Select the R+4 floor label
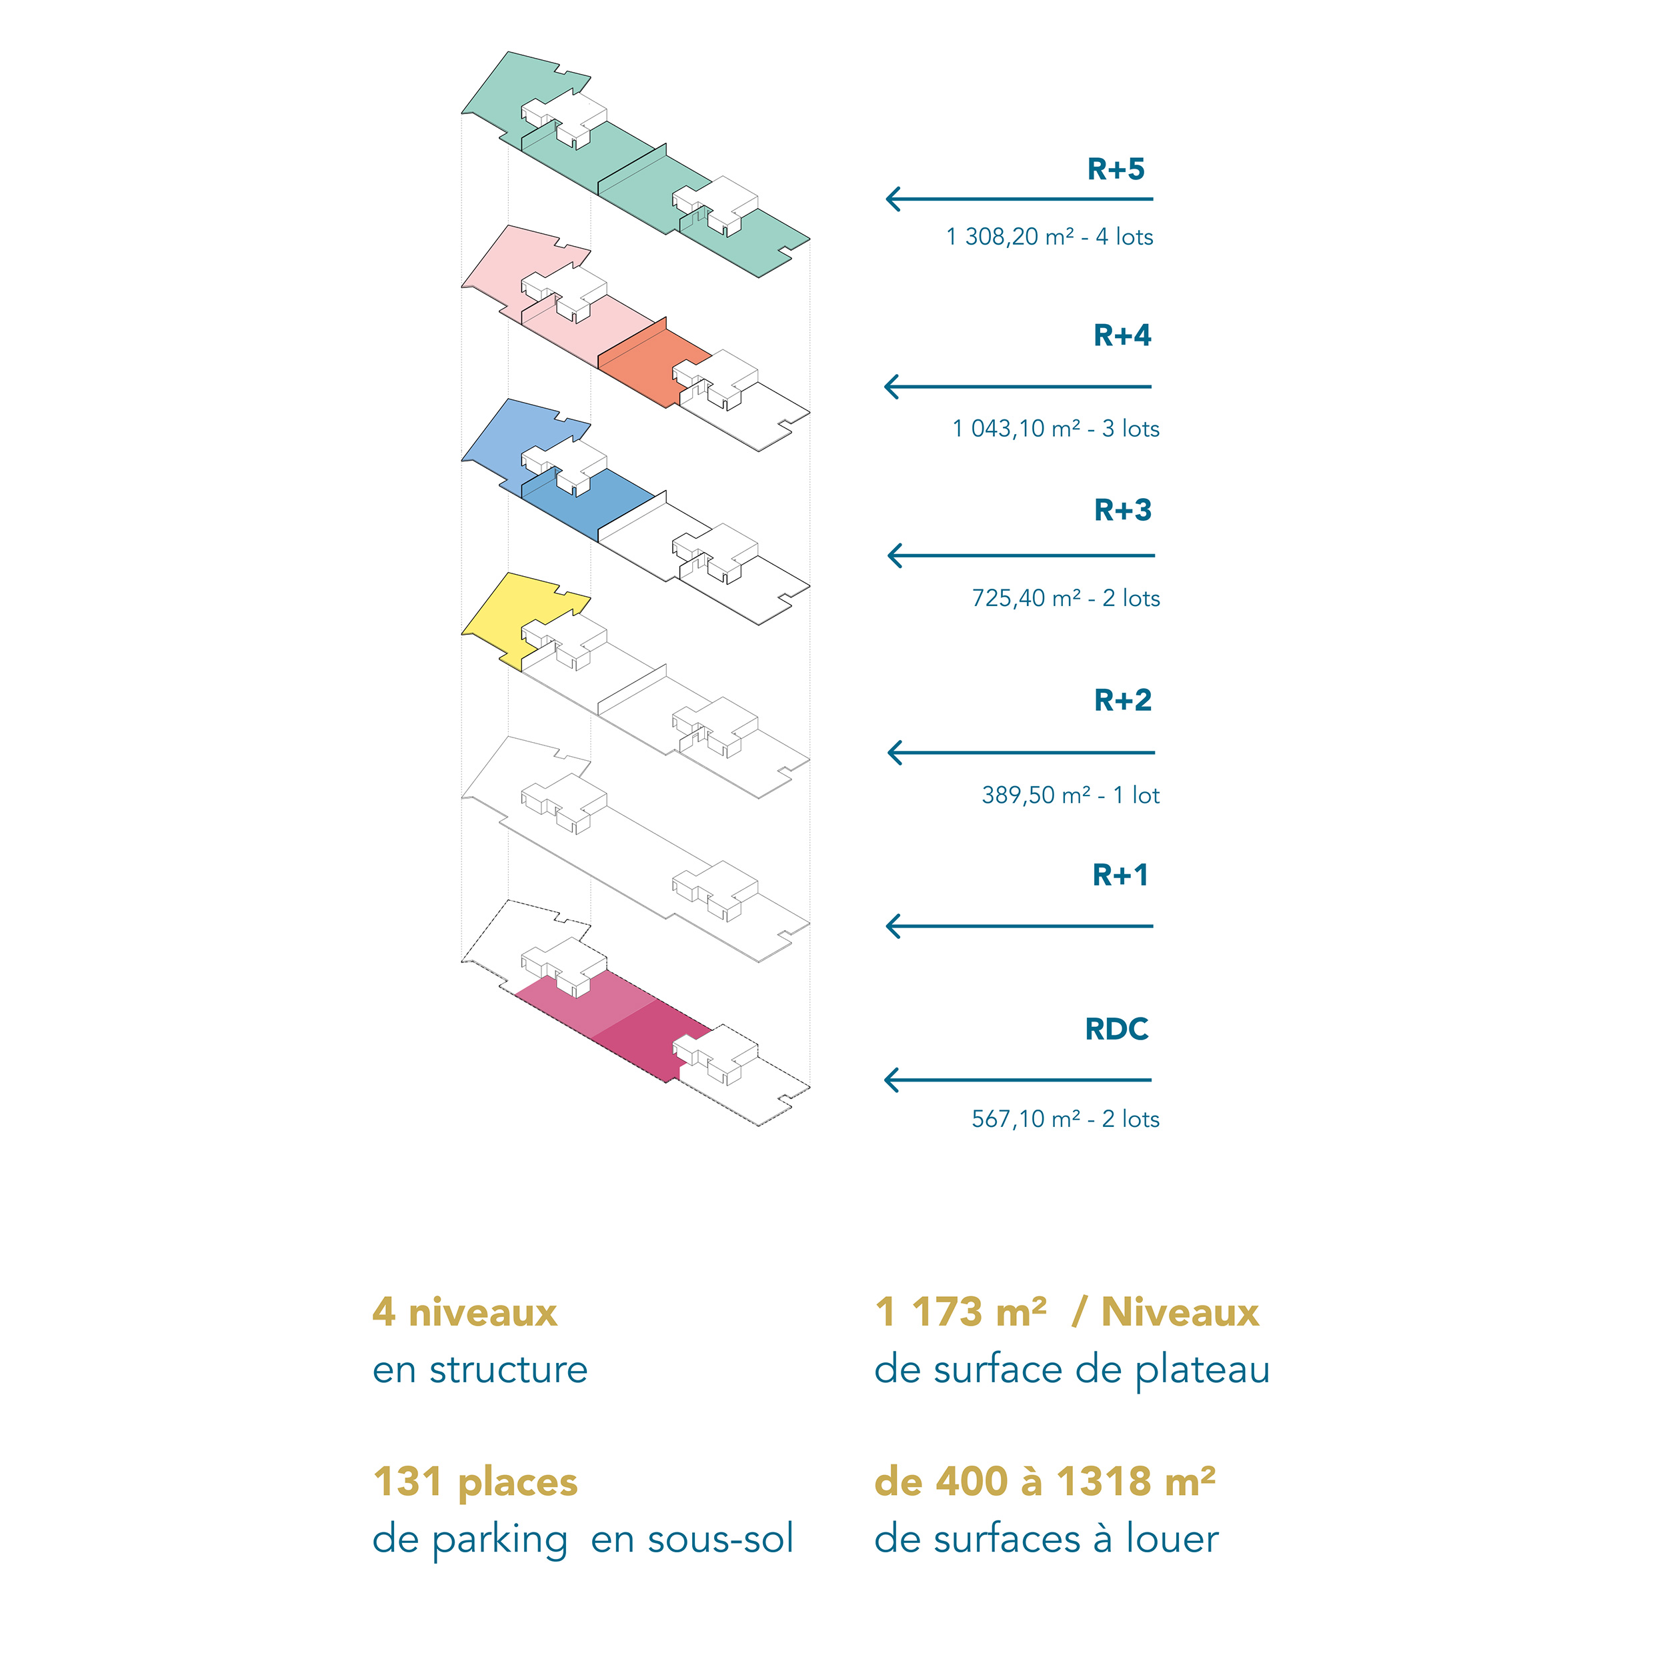click(x=1122, y=335)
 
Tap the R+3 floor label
click(x=1122, y=510)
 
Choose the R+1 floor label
click(x=1120, y=875)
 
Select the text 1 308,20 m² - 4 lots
click(x=1049, y=237)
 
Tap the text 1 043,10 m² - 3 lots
click(x=1056, y=428)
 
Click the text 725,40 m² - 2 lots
click(x=1066, y=598)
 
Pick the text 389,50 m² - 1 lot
click(x=1070, y=795)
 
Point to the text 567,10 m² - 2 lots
click(x=1066, y=1119)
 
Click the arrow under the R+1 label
click(x=1019, y=926)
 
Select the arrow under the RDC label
click(x=1018, y=1080)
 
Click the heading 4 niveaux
click(x=465, y=1312)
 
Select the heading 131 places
click(x=475, y=1482)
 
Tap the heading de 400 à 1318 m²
click(x=1044, y=1482)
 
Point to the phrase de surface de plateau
click(x=1072, y=1370)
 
